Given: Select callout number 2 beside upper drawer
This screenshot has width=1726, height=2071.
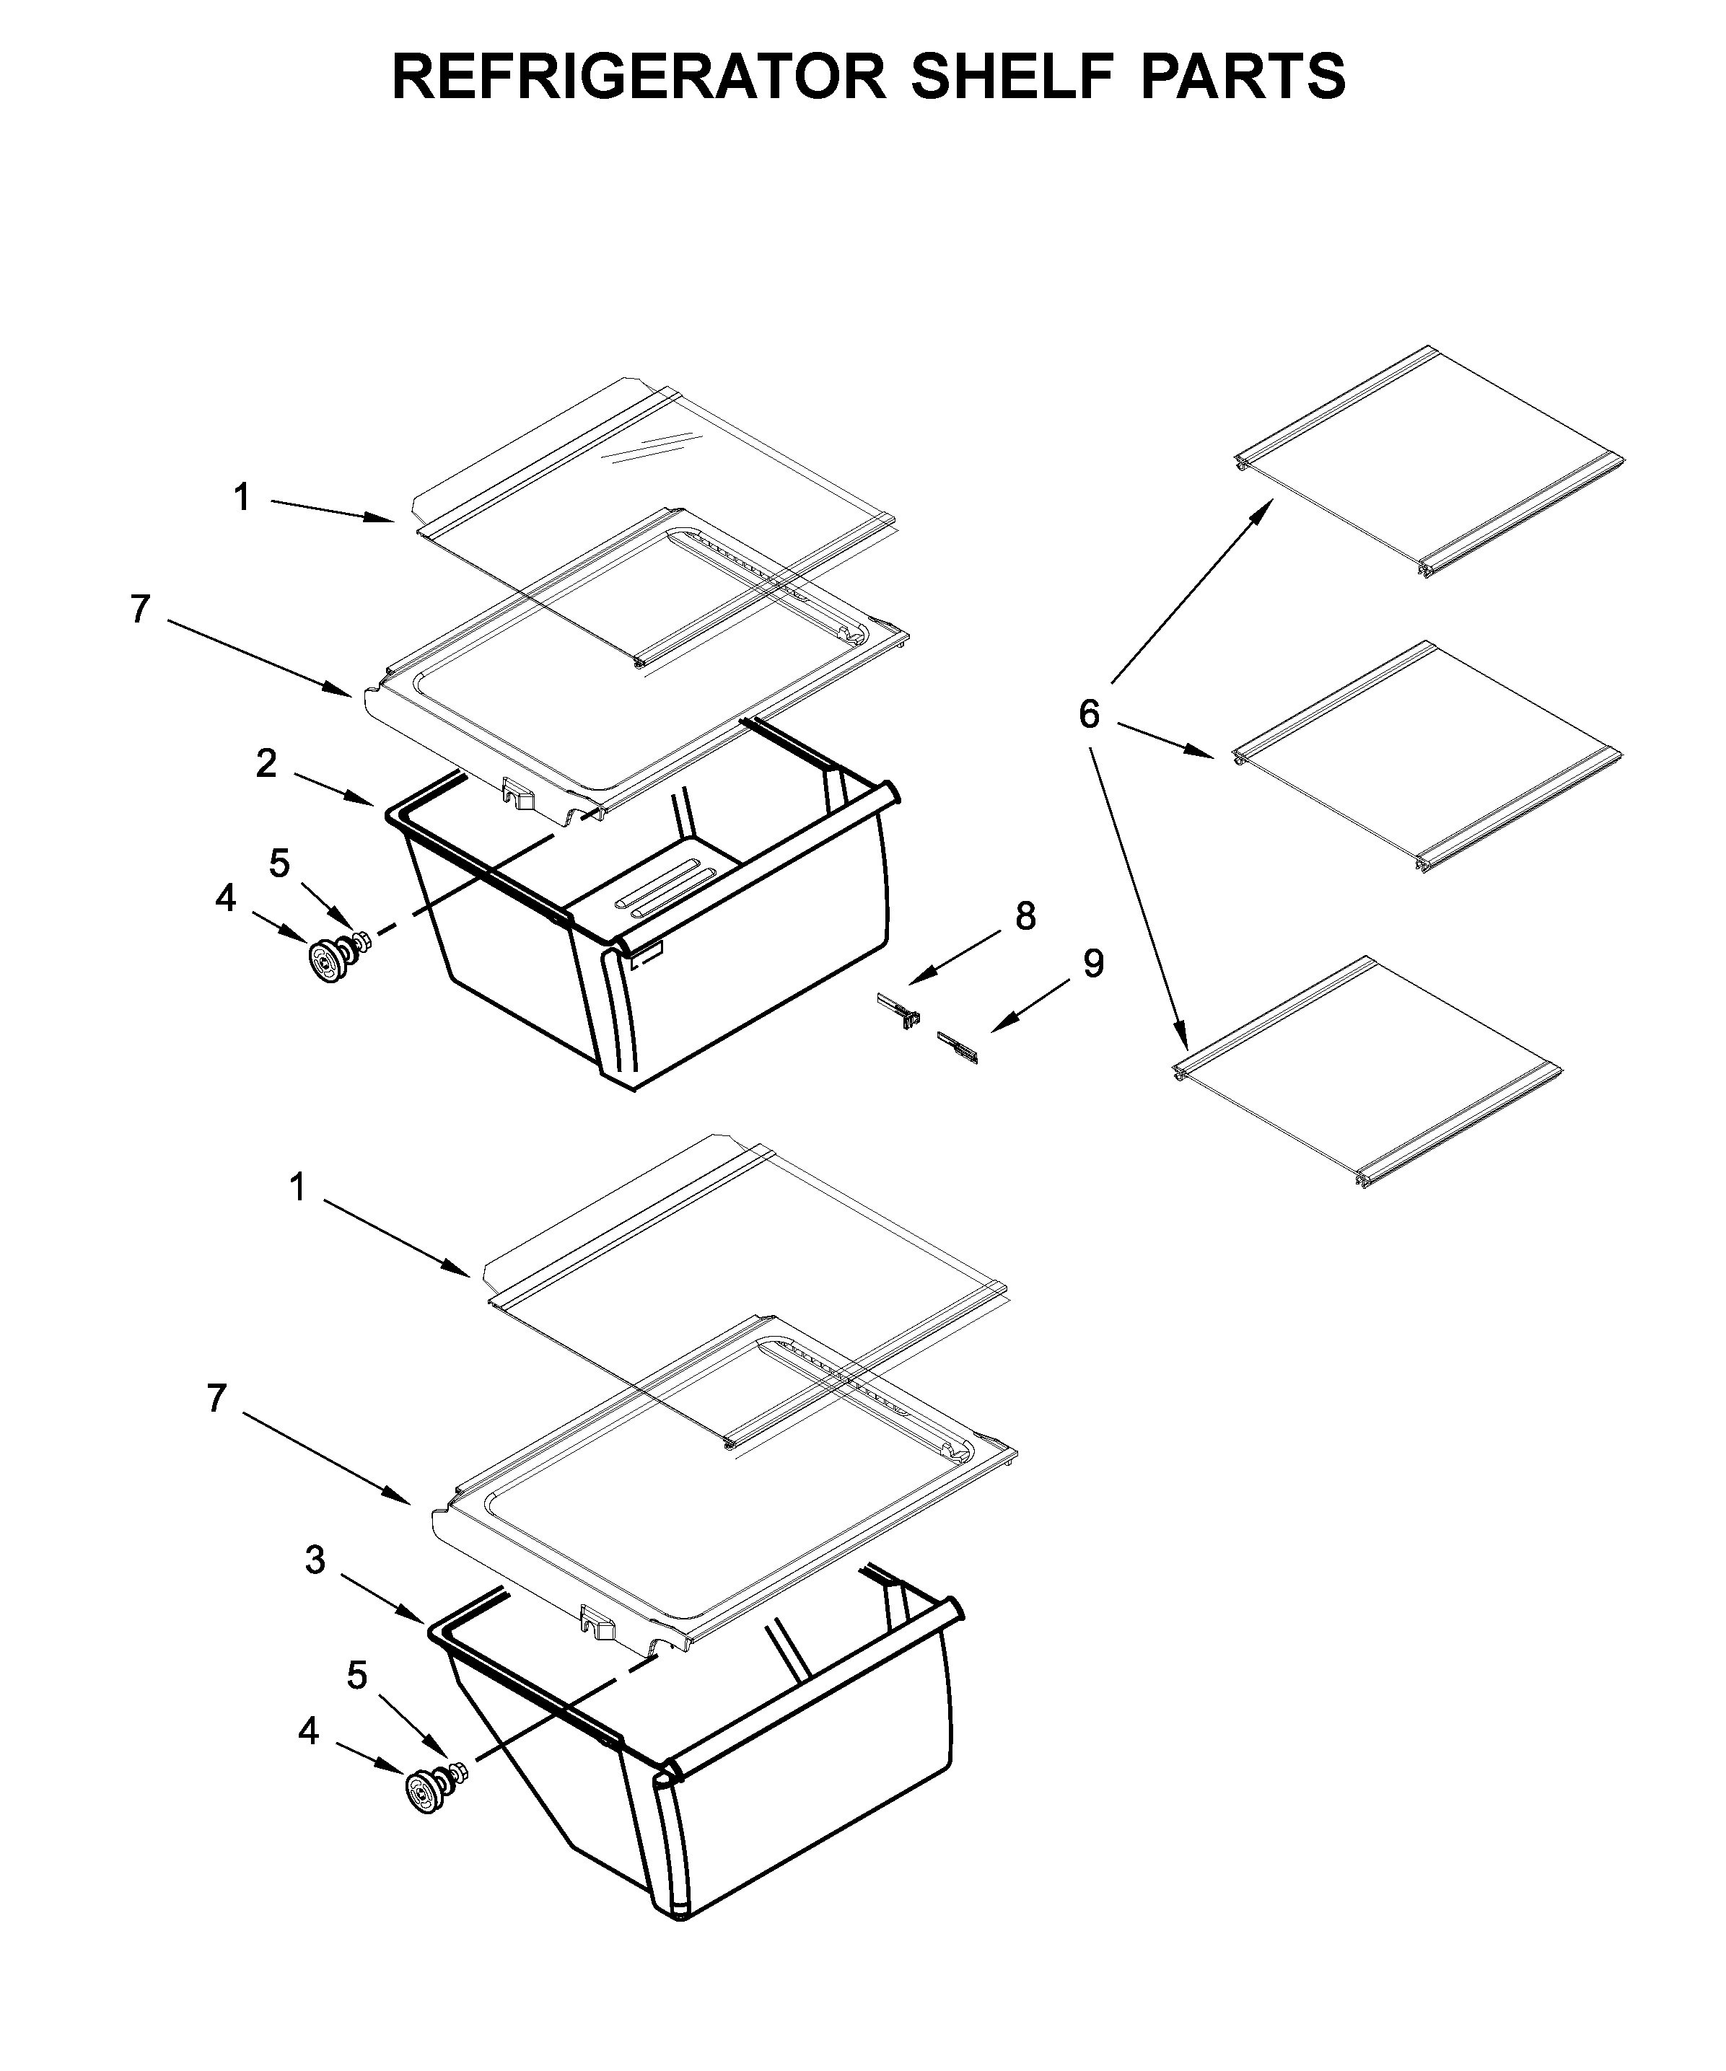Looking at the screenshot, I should point(266,763).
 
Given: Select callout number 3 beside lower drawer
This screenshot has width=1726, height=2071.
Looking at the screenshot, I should point(315,1560).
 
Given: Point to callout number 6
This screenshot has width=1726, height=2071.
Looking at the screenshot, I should point(1089,714).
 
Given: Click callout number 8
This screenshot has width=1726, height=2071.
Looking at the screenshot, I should point(1026,916).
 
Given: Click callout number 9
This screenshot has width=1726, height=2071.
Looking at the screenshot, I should point(1092,964).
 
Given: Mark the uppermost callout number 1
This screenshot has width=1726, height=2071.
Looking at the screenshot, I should point(242,498).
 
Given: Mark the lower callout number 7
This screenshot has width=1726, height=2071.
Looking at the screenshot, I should point(217,1399).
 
